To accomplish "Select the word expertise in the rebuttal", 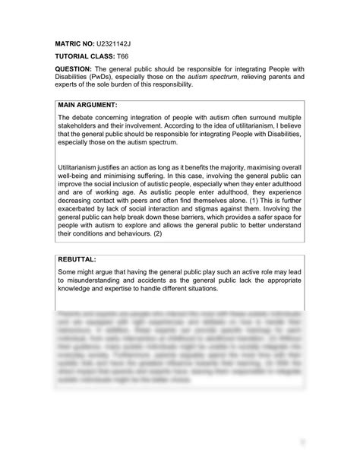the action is click(x=122, y=289).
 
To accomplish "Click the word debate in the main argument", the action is click(x=82, y=119).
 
